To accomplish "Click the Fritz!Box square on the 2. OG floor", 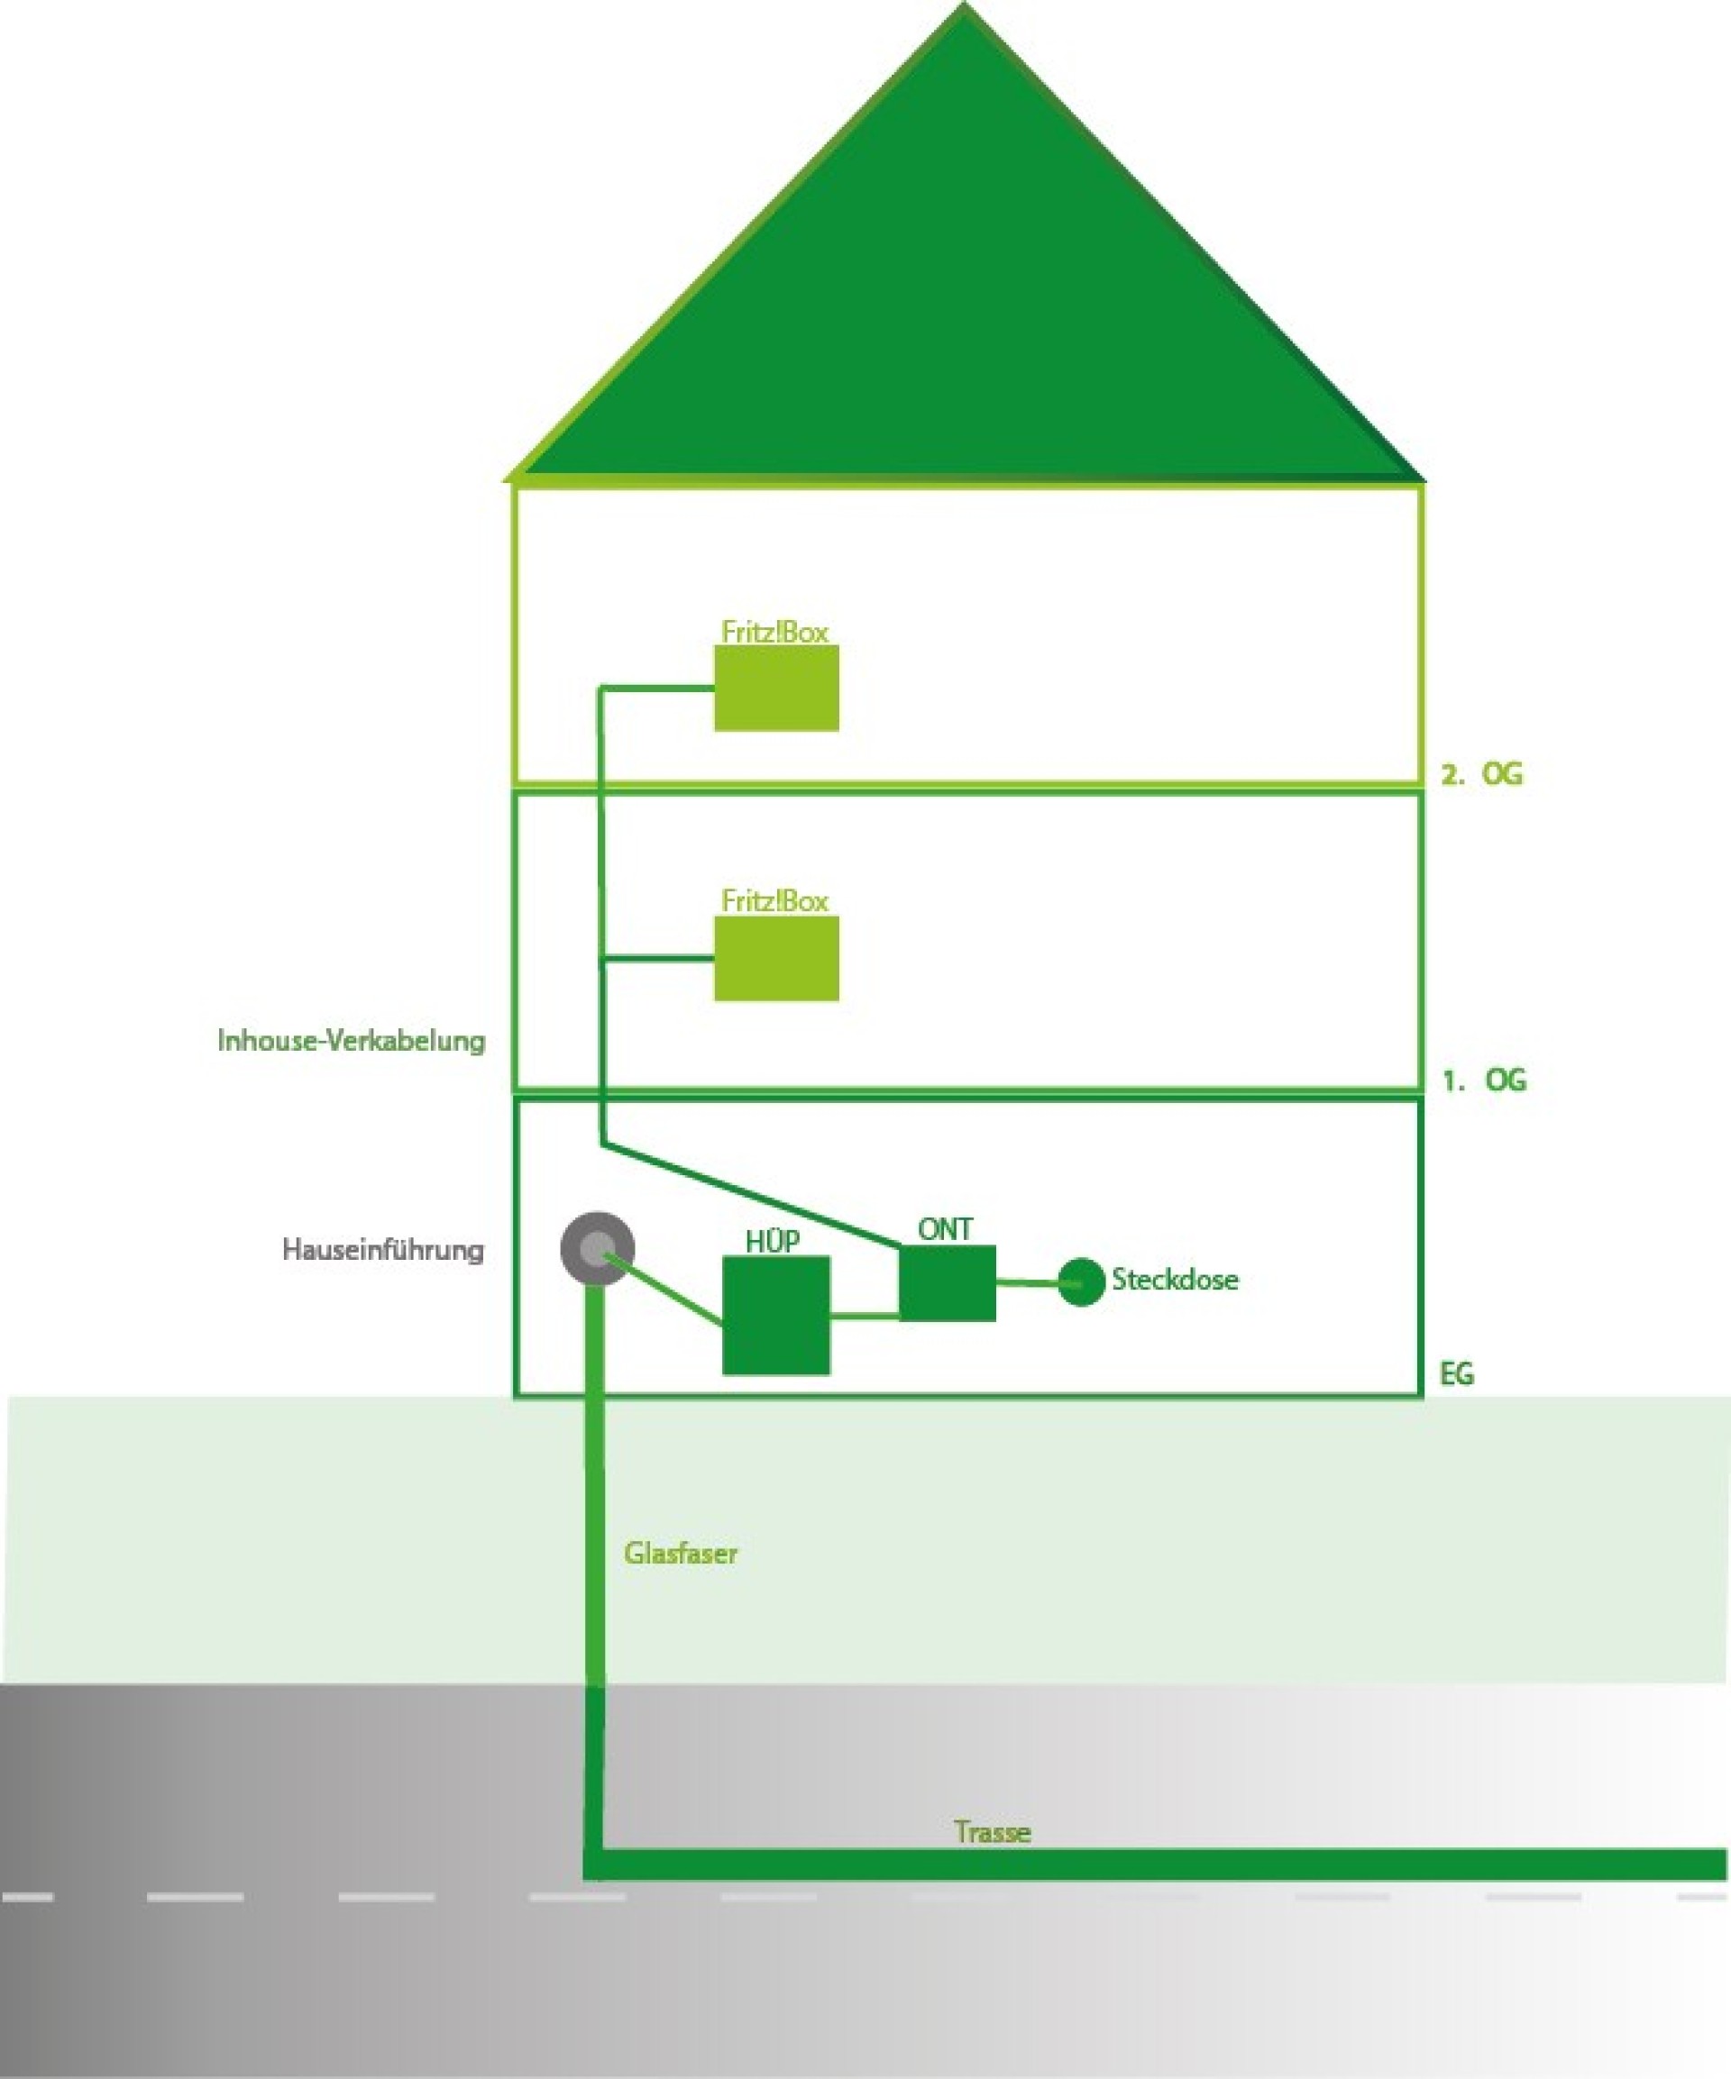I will coord(776,689).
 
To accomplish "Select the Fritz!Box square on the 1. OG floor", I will coord(776,958).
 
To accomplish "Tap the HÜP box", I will coord(775,1316).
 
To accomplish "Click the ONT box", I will coord(947,1283).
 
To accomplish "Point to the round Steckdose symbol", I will coord(1080,1282).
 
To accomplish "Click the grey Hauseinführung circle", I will coord(596,1248).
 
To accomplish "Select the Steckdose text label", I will coord(1175,1279).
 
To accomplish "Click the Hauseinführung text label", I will coord(383,1249).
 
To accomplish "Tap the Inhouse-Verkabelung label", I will coord(352,1041).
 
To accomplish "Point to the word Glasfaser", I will coord(681,1553).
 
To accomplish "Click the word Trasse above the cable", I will coord(993,1831).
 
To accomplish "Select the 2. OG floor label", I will coord(1481,774).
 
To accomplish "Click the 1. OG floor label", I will coord(1483,1081).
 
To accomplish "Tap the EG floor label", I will coord(1456,1374).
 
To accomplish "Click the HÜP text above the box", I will coord(773,1242).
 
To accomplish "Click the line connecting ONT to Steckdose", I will coord(1027,1283).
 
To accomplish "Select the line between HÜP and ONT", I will coord(864,1317).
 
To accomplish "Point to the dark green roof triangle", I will coord(966,327).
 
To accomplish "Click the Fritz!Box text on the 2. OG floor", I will coord(774,632).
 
